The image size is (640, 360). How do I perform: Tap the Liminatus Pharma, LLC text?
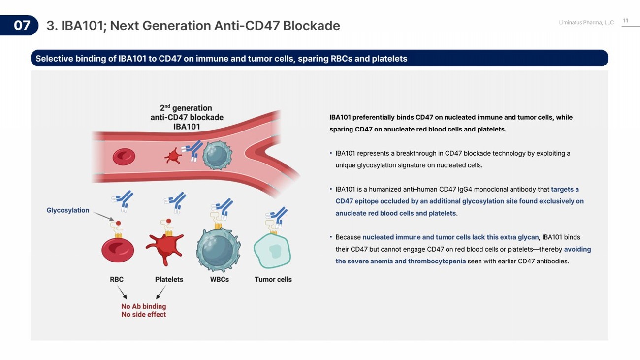click(586, 23)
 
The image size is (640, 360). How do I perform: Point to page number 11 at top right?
click(626, 21)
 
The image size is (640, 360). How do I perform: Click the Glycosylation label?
click(68, 210)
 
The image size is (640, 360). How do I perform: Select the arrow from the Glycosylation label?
click(103, 216)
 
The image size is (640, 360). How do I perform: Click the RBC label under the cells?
click(117, 279)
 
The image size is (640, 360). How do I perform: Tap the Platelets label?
click(169, 279)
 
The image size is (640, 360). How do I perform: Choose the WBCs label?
click(220, 279)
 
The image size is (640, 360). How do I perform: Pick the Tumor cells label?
click(273, 279)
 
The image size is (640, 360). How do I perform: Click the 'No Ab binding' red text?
click(144, 306)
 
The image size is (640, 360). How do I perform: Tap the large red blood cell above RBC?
click(118, 250)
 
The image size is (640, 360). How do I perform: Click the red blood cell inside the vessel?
click(124, 157)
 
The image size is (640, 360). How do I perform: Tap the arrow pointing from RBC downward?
click(122, 293)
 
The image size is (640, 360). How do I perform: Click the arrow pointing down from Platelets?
click(160, 293)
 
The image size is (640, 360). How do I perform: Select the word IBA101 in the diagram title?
click(187, 127)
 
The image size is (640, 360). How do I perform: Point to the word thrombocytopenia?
click(437, 261)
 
